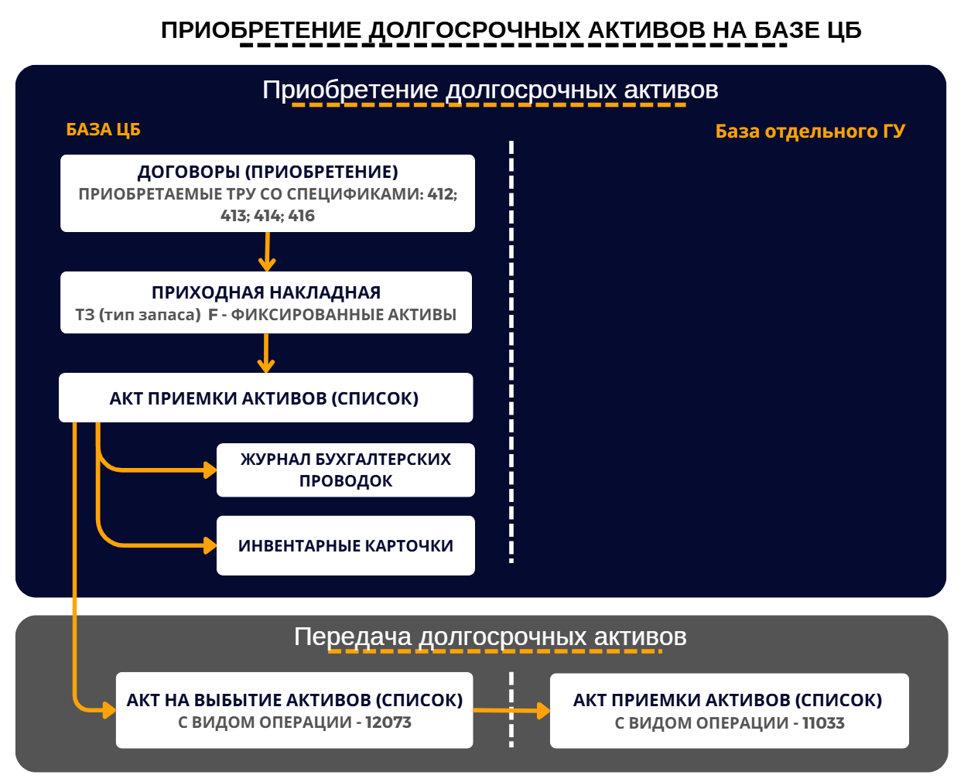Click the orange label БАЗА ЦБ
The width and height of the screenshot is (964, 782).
click(103, 129)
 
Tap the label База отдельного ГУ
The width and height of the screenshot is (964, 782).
click(810, 131)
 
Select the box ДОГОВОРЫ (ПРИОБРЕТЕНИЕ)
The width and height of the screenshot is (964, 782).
click(268, 193)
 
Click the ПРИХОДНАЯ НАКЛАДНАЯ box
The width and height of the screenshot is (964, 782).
click(266, 302)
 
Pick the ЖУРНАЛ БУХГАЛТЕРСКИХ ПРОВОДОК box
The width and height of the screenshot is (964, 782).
click(346, 470)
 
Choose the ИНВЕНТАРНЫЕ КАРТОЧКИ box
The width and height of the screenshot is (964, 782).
click(346, 545)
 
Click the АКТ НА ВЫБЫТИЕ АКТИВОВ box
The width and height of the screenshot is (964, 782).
click(295, 710)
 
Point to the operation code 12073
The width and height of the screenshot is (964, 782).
click(388, 722)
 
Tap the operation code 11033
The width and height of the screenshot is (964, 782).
click(823, 722)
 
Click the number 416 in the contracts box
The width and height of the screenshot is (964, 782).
click(302, 215)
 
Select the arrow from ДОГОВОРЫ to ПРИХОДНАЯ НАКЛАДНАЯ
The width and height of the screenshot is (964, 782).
click(267, 251)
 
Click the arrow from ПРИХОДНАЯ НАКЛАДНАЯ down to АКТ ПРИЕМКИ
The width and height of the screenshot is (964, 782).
click(266, 353)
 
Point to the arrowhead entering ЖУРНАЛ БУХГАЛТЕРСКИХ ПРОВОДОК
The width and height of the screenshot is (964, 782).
click(210, 470)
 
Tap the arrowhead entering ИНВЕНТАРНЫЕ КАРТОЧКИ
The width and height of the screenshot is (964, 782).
click(210, 545)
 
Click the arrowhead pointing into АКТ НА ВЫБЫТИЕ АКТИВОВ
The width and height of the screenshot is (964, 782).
click(110, 710)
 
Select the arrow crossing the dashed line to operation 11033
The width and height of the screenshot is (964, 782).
click(511, 710)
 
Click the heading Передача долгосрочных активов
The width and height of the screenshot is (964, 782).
click(491, 637)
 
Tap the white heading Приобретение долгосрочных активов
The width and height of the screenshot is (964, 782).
click(491, 90)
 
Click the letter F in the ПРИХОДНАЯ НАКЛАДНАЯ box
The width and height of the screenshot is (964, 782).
click(213, 315)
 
